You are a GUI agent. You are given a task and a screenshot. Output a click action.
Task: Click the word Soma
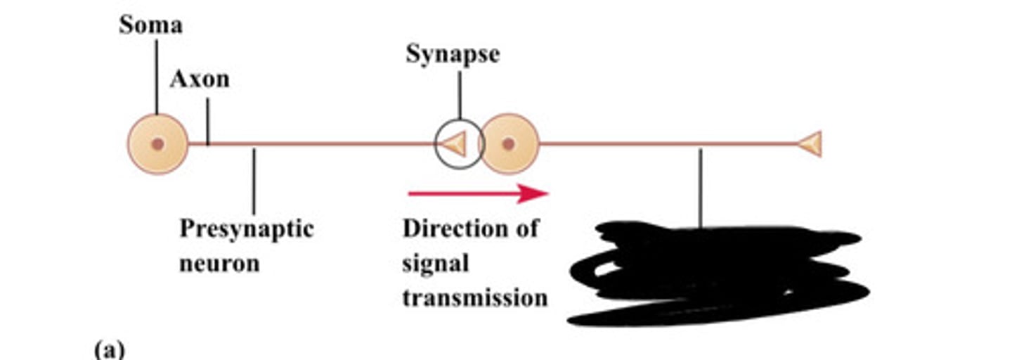(x=150, y=25)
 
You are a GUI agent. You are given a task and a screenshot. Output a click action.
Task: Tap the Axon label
(x=200, y=79)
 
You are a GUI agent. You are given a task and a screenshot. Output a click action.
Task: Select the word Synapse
(x=453, y=54)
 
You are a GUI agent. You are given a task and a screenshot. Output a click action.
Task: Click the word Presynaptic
(x=246, y=229)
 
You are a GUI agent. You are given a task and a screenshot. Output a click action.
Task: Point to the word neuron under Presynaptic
(x=219, y=264)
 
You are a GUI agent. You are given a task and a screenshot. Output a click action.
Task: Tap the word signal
(x=435, y=264)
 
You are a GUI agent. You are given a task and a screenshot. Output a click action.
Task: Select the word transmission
(x=474, y=297)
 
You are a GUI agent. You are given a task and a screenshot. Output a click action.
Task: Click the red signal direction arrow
(x=478, y=193)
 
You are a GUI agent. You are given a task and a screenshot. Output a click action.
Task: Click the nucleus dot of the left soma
(x=157, y=143)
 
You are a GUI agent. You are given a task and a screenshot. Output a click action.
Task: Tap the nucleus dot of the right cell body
(x=508, y=143)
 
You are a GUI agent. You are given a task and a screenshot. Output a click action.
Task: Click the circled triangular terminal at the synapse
(x=453, y=144)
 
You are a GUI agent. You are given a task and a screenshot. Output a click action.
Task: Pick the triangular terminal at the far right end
(x=810, y=144)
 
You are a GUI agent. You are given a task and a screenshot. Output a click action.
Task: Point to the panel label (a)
(x=109, y=349)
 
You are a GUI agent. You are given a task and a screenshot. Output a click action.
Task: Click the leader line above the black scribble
(x=700, y=186)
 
